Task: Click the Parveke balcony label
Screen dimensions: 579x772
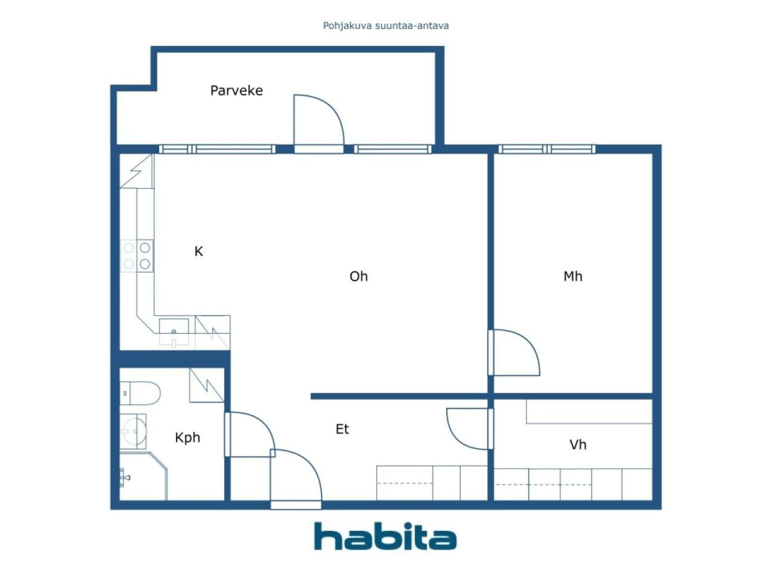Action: tap(236, 90)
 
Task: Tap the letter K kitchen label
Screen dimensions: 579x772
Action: tap(198, 252)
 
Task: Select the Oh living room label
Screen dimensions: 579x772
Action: tap(358, 276)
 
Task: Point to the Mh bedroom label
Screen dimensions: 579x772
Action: tap(572, 276)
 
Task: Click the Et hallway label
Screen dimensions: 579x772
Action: tap(342, 429)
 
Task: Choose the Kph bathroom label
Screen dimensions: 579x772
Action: tap(187, 438)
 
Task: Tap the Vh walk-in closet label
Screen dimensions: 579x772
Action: tap(577, 445)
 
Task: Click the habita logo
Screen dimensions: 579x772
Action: tap(385, 536)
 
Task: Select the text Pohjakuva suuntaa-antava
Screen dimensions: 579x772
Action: tap(385, 26)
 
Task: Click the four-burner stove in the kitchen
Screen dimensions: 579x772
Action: tap(137, 256)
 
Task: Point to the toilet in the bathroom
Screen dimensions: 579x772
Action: tap(140, 393)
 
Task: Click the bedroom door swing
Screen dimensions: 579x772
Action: tap(514, 353)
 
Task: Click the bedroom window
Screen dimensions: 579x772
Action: tap(546, 149)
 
